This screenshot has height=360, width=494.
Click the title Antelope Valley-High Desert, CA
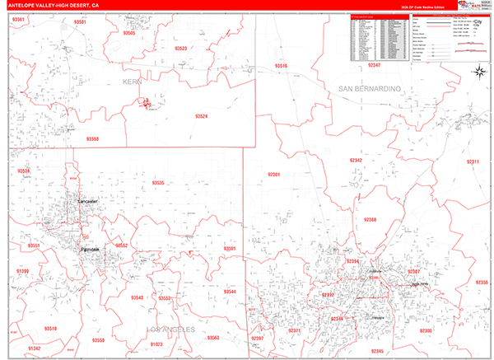point(50,5)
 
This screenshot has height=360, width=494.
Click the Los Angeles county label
point(172,330)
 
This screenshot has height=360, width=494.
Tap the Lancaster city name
point(86,202)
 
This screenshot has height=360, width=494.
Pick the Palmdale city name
point(90,249)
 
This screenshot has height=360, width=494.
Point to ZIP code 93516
point(282,66)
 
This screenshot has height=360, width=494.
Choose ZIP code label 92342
point(355,160)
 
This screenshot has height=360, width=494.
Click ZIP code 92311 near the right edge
point(473,161)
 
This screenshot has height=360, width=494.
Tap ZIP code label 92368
point(370,220)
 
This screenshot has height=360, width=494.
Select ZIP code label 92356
point(482,283)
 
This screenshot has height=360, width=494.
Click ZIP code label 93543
point(137,298)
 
